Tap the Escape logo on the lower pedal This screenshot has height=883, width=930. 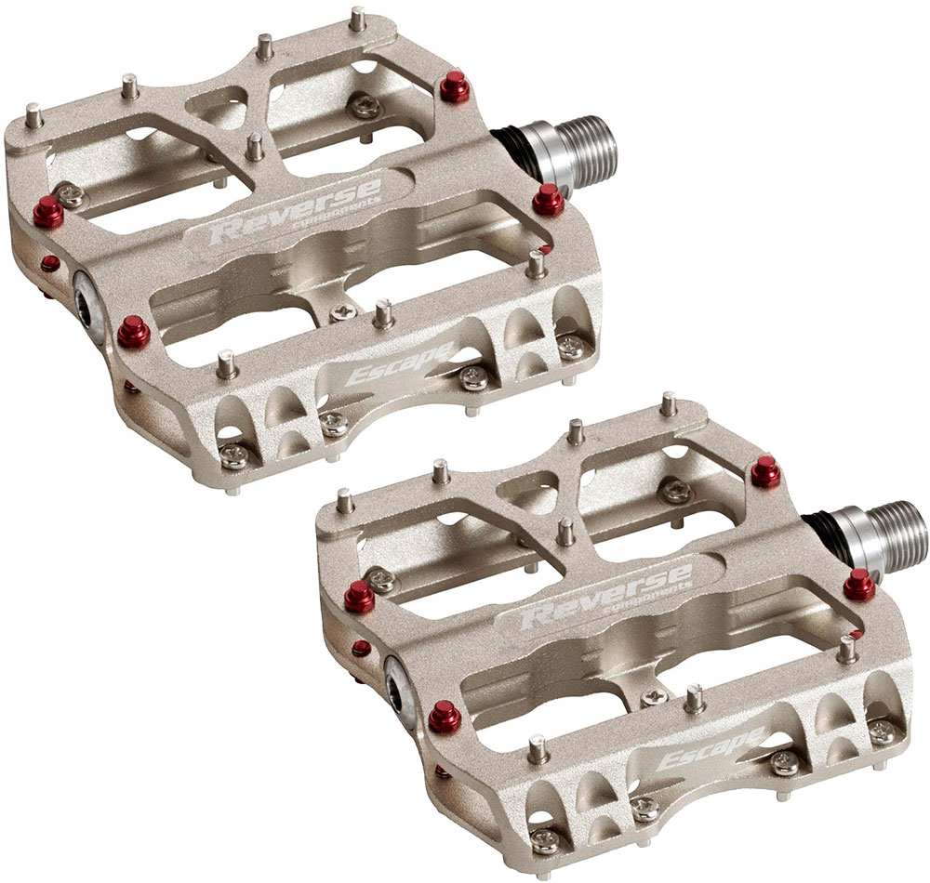[711, 748]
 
